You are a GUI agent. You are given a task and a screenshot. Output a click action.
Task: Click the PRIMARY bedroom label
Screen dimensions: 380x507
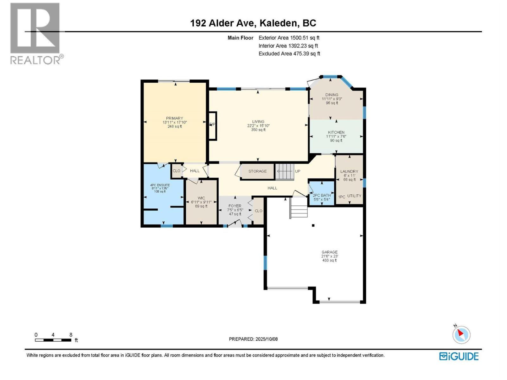(175, 118)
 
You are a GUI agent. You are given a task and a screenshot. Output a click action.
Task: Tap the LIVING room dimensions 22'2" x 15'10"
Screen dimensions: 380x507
(258, 126)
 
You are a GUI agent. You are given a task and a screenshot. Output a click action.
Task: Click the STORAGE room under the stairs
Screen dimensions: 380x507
(257, 171)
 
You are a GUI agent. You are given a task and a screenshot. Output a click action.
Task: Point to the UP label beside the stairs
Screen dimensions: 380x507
(298, 171)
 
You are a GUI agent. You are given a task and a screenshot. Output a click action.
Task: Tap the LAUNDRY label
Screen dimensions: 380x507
(349, 171)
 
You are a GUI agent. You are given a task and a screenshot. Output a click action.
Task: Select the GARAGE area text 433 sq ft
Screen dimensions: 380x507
(330, 260)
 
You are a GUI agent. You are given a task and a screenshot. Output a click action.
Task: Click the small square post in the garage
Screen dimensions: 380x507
(313, 225)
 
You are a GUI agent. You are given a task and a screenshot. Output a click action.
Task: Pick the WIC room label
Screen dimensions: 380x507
(201, 198)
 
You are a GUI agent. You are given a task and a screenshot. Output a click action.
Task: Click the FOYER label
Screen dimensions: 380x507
(235, 206)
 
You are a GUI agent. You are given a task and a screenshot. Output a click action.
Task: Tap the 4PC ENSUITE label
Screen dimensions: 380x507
(160, 185)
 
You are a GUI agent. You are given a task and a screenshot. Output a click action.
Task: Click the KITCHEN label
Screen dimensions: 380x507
(336, 132)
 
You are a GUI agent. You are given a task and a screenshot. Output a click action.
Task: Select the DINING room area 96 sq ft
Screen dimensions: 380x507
(332, 103)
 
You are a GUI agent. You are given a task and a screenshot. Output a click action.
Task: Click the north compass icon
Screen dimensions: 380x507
(461, 335)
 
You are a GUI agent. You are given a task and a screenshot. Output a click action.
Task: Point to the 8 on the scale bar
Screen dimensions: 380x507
(71, 335)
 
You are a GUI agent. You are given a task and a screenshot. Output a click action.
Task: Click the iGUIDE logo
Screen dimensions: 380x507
(459, 356)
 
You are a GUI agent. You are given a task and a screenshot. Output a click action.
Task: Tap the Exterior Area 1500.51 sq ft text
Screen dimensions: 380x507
(289, 38)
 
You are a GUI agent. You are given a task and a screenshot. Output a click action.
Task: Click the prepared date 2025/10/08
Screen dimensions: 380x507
(266, 339)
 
